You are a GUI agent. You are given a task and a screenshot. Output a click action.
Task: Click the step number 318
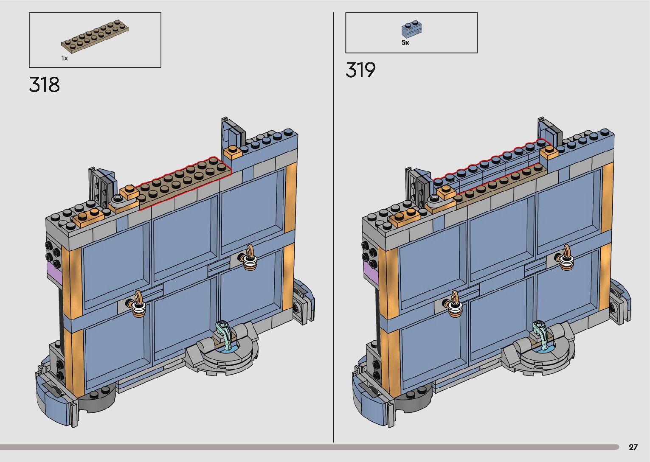pyautogui.click(x=45, y=84)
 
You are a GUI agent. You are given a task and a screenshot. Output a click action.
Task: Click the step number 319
pyautogui.click(x=360, y=70)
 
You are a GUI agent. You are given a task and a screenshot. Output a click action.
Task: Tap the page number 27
pyautogui.click(x=633, y=447)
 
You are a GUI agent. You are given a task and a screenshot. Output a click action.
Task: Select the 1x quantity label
pyautogui.click(x=65, y=58)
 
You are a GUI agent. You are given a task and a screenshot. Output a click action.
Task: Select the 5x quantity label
pyautogui.click(x=405, y=42)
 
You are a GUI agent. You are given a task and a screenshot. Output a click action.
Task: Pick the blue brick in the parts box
pyautogui.click(x=411, y=29)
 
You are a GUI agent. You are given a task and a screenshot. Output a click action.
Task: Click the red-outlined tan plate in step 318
pyautogui.click(x=183, y=183)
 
